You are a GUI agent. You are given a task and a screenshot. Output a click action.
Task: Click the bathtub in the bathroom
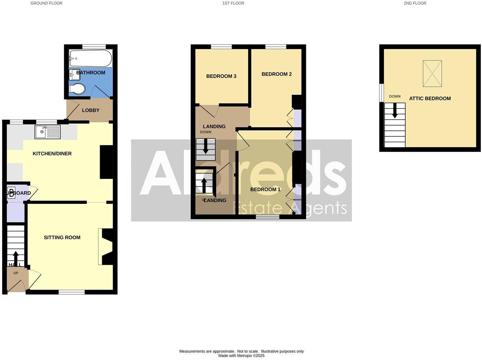click(91, 58)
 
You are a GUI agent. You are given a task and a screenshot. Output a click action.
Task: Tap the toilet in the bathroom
click(77, 89)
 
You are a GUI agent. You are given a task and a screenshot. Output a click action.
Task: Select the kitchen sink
click(48, 132)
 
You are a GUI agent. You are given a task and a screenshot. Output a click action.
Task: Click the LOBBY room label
click(91, 110)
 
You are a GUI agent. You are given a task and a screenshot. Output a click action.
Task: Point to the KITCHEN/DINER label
click(52, 154)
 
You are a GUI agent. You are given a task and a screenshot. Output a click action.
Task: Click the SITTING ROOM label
click(62, 237)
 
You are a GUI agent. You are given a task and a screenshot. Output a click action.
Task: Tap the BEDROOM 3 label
click(221, 76)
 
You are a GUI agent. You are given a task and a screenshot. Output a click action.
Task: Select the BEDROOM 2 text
click(276, 74)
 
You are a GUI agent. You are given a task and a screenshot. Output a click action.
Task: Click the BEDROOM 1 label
click(265, 189)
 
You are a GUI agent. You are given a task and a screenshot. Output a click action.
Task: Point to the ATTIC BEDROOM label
click(430, 98)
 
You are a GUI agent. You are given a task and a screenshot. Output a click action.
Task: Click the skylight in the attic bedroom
click(432, 74)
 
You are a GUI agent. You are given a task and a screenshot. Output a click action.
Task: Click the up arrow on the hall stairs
click(16, 258)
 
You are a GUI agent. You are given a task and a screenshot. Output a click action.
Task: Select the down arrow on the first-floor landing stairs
click(206, 147)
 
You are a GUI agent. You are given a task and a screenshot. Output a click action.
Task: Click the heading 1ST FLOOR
click(233, 3)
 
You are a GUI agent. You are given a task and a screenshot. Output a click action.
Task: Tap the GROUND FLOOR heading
click(47, 3)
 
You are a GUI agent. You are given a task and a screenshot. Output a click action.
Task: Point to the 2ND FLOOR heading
click(415, 3)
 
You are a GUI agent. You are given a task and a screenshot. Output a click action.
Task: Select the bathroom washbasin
click(74, 75)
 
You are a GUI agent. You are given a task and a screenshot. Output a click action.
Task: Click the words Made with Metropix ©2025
click(241, 356)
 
